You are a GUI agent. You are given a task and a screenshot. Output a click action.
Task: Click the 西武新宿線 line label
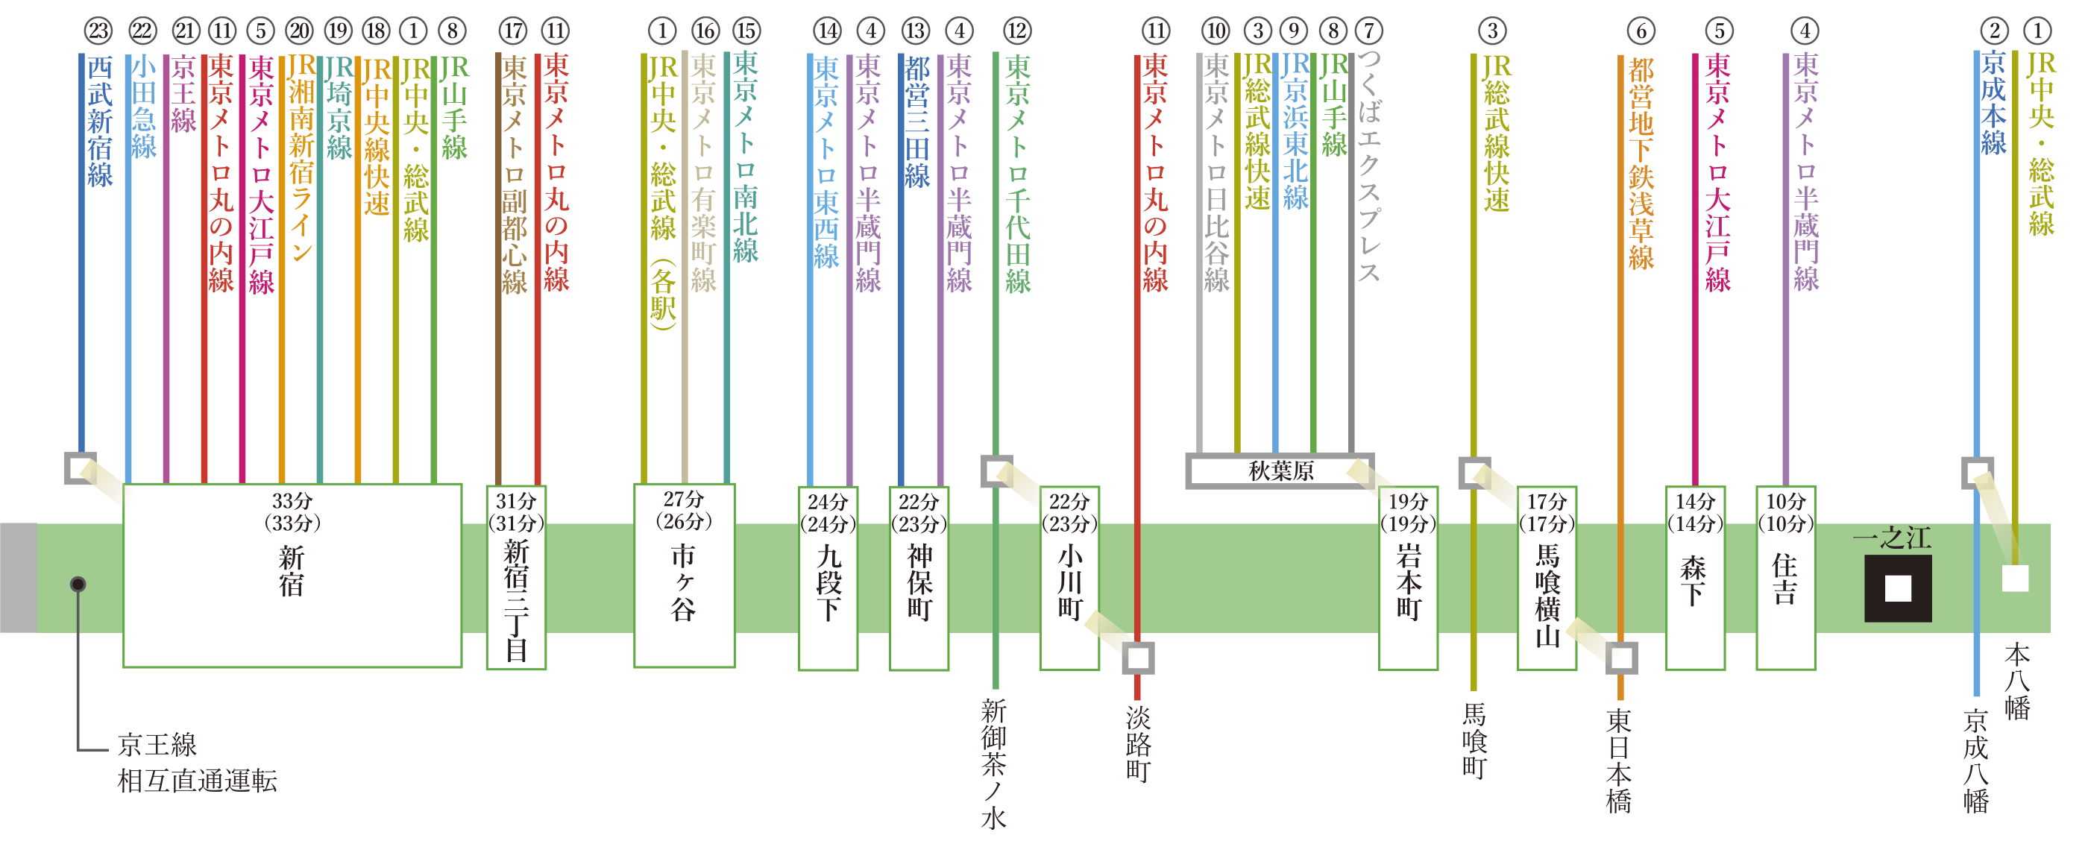[100, 122]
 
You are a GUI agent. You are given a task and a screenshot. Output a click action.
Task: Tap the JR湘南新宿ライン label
[301, 159]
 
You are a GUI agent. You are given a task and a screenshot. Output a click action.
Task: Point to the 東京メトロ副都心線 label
[514, 174]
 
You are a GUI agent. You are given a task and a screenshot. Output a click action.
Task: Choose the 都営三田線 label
[916, 122]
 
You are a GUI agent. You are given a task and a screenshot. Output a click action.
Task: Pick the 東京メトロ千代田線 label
[1017, 174]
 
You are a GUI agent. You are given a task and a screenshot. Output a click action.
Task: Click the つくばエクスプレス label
[1368, 166]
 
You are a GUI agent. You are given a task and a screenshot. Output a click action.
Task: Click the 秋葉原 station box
[1280, 471]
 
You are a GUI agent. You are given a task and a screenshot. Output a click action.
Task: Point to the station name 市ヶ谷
[683, 582]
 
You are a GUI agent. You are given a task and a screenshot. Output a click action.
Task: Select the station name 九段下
[828, 582]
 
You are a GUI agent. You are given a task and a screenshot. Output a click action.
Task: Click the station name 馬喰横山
[1547, 595]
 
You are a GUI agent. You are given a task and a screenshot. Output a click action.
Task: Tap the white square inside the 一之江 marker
[1898, 588]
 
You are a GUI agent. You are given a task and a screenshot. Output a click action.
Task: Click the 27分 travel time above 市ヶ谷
[683, 499]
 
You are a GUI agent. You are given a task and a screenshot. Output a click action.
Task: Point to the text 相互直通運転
[197, 781]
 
